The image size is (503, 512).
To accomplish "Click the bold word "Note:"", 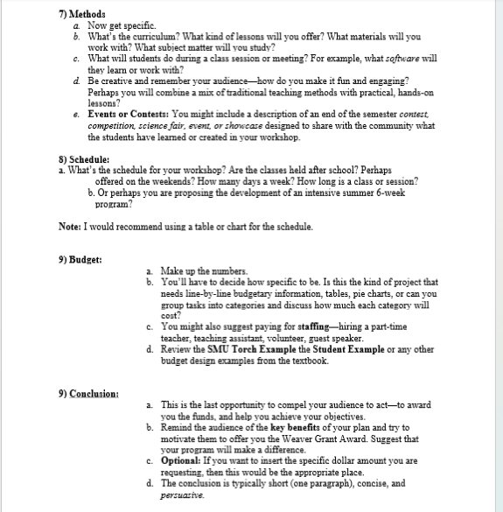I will tap(70, 227).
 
